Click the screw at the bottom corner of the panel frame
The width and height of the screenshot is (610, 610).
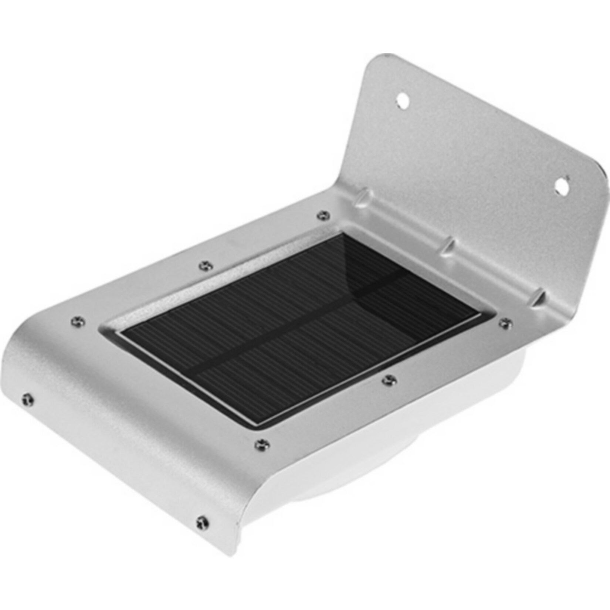click(262, 444)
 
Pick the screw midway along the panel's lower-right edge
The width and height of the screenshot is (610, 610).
click(388, 379)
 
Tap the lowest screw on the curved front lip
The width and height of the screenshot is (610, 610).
click(201, 522)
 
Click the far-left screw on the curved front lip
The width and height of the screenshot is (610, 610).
click(27, 399)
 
